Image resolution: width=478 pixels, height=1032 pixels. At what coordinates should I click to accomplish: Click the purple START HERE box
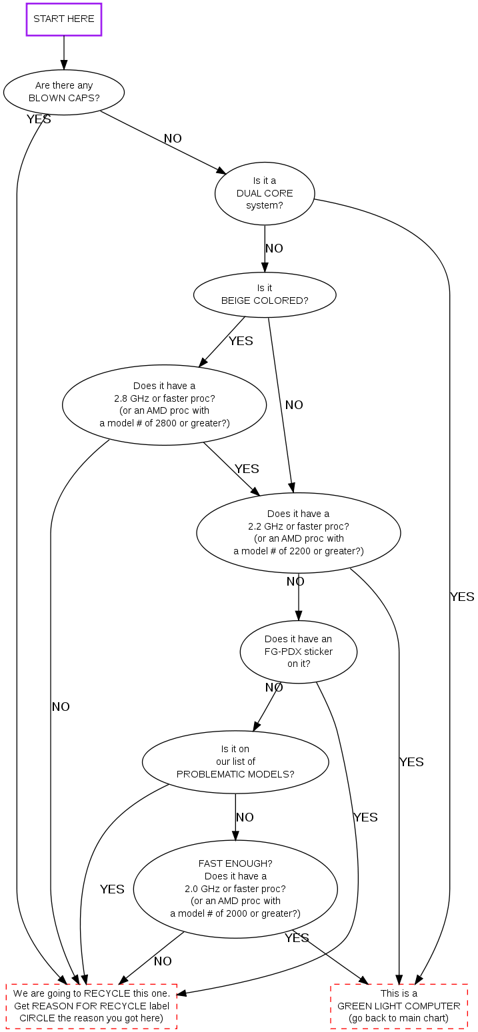[x=64, y=19]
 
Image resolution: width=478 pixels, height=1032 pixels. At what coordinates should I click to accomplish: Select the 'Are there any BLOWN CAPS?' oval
[x=64, y=92]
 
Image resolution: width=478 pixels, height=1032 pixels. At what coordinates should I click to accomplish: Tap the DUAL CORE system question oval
[x=265, y=193]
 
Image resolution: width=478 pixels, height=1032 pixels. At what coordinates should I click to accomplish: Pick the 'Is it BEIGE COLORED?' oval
[x=265, y=294]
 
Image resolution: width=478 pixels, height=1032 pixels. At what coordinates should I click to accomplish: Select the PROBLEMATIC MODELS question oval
[x=235, y=762]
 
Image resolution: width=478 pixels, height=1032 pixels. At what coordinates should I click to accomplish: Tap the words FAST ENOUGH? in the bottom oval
[x=235, y=863]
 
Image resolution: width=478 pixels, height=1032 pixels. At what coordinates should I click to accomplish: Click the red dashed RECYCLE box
[x=91, y=1006]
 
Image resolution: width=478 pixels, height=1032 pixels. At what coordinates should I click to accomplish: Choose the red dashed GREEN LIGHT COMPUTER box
[x=399, y=1006]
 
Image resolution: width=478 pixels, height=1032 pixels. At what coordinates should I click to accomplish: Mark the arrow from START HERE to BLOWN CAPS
[x=64, y=53]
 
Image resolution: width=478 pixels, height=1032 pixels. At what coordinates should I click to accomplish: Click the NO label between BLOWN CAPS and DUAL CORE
[x=173, y=139]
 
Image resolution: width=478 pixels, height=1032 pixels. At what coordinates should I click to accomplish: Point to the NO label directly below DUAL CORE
[x=274, y=249]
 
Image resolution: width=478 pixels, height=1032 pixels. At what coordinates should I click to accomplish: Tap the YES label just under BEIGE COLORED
[x=241, y=341]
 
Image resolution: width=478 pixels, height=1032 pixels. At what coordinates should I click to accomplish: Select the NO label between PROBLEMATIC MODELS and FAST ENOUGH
[x=245, y=817]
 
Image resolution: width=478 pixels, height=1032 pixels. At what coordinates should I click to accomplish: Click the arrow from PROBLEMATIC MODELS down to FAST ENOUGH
[x=235, y=817]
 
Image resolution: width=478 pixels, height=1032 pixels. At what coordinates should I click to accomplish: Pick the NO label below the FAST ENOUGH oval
[x=163, y=961]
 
